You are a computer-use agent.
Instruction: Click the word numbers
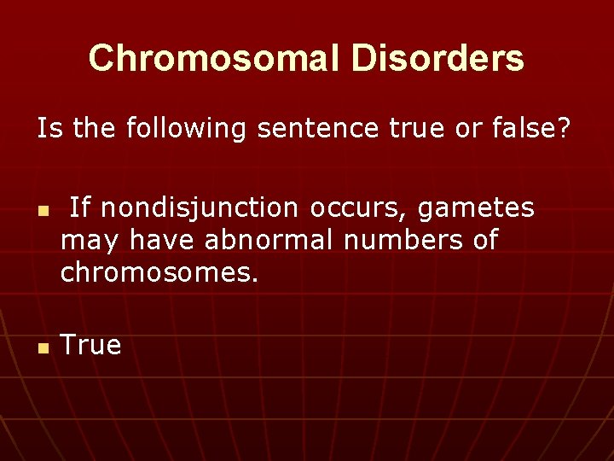403,241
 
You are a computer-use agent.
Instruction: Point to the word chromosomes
159,274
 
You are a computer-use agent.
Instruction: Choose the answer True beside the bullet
91,346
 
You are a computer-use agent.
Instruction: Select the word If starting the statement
78,207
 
